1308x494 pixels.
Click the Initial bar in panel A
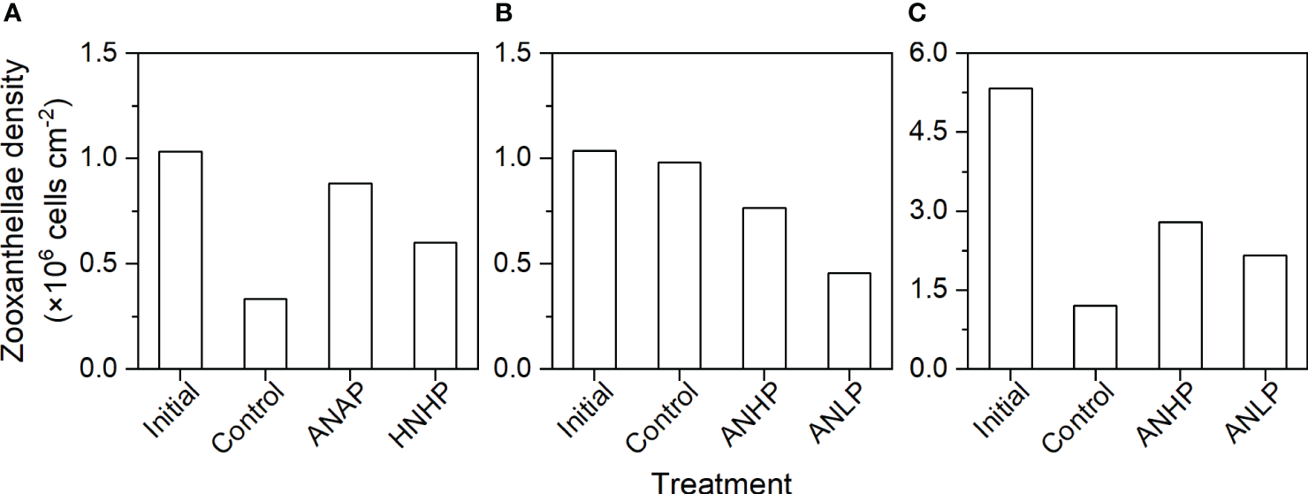click(174, 260)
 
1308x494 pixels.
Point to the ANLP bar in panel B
click(842, 321)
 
